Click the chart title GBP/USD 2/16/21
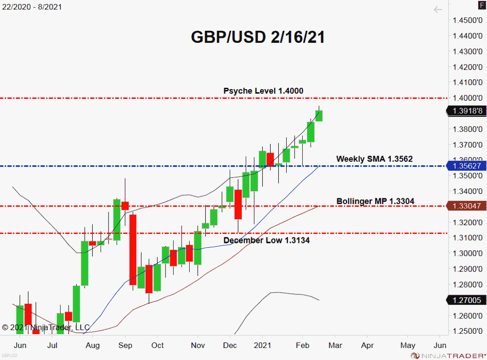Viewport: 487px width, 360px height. [x=258, y=37]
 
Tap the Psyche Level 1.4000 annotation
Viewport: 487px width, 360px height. [x=263, y=91]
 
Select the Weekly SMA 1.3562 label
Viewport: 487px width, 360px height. [x=374, y=159]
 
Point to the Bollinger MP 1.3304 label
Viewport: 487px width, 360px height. [x=375, y=201]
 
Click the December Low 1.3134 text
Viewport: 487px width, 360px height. [x=266, y=240]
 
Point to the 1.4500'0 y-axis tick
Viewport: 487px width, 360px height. [x=467, y=20]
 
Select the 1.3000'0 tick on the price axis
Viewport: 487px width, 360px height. [x=467, y=253]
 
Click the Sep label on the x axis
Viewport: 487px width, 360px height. [x=126, y=345]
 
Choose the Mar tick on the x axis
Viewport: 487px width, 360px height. [x=335, y=345]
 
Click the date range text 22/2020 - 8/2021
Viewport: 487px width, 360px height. [x=31, y=7]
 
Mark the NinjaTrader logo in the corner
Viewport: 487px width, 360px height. [x=447, y=355]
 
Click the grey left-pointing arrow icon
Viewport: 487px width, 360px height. [x=438, y=9]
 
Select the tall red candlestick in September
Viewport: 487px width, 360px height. [x=133, y=250]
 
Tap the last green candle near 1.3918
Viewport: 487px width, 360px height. [x=319, y=115]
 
